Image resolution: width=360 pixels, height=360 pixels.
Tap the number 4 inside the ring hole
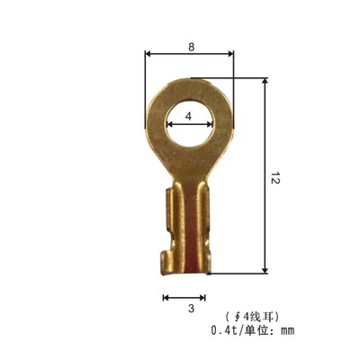tap(188, 117)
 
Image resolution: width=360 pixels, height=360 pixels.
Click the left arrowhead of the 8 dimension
tap(148, 53)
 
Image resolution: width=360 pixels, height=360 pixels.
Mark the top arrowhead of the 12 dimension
tap(265, 82)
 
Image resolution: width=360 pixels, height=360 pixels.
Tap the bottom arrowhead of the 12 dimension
tap(265, 270)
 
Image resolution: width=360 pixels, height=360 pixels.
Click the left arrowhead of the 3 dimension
tap(165, 296)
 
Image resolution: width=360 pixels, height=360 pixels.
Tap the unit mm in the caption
tap(287, 331)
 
